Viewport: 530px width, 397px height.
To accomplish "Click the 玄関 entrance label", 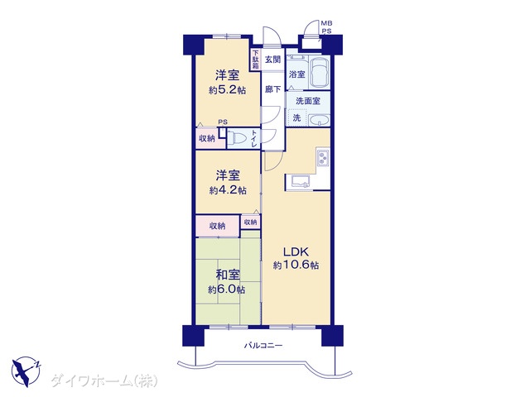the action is coord(272,60).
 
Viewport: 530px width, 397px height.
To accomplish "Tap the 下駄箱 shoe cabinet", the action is coord(256,60).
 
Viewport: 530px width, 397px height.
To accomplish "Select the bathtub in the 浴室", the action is coord(320,72).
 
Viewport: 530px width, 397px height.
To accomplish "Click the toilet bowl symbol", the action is coord(238,138).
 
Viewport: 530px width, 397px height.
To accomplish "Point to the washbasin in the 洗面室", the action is coord(320,120).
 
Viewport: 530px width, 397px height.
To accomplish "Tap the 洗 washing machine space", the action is coord(296,117).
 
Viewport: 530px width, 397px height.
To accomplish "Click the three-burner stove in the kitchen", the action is coord(323,157).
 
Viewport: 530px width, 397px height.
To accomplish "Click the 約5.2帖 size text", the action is coord(228,90).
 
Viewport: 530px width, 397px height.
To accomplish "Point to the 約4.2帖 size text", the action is coord(228,190).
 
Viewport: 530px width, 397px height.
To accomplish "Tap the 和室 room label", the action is coord(228,275).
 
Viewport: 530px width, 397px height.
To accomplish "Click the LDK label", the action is coord(296,251).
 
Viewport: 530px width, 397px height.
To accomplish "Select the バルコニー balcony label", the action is coord(263,346).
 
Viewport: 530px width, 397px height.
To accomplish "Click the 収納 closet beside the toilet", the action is coord(207,138).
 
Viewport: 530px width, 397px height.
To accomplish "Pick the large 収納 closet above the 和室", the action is coord(218,226).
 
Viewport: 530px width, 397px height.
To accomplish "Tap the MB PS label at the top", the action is coord(326,27).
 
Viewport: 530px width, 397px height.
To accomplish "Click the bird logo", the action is coord(26,371).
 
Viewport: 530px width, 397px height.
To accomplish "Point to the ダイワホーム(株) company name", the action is coord(104,381).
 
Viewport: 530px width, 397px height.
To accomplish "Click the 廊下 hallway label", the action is coord(272,89).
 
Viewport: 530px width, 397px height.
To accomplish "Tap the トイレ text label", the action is coord(254,138).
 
